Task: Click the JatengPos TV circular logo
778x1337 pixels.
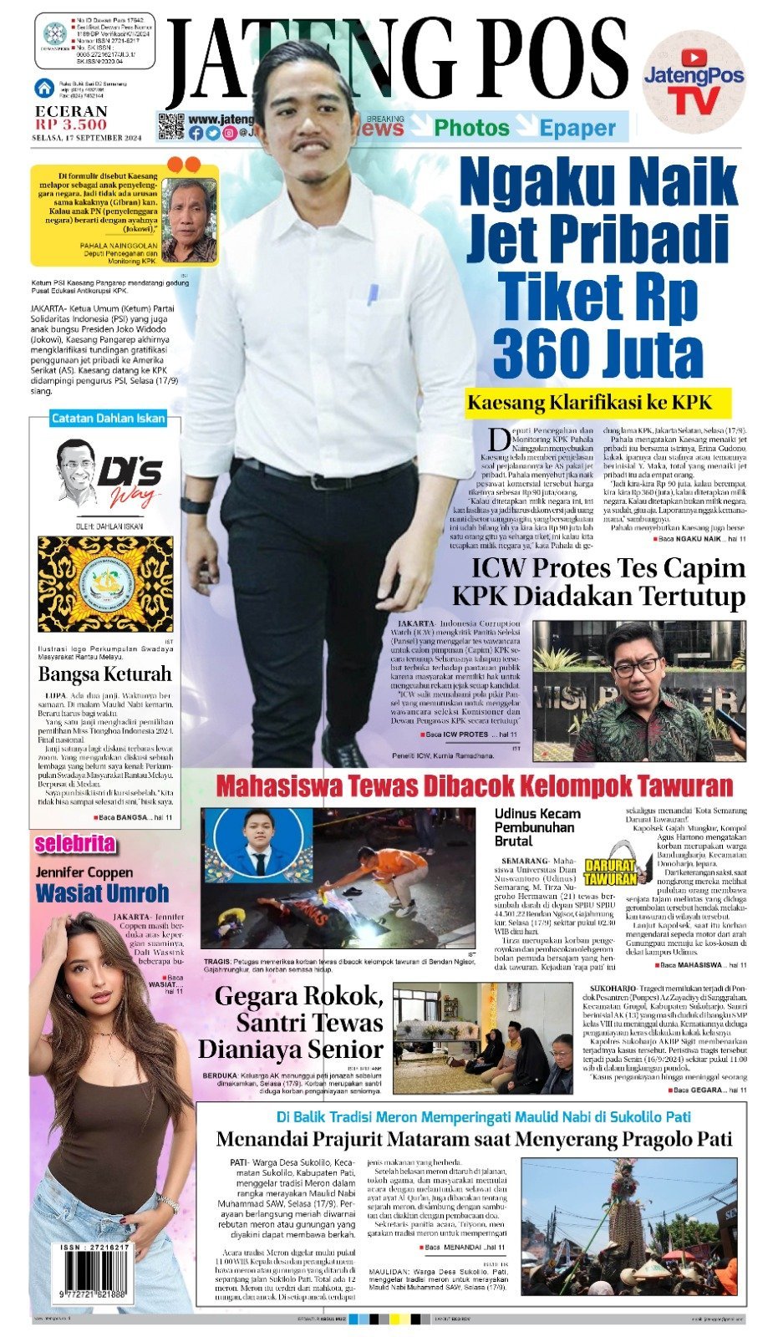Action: click(x=694, y=84)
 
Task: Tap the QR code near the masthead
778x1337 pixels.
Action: click(x=170, y=126)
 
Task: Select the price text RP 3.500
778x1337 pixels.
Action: click(x=71, y=125)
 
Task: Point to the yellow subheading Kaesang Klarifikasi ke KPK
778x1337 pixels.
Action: click(x=598, y=403)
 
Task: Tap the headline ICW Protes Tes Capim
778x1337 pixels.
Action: click(x=608, y=568)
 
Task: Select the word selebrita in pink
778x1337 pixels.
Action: click(x=74, y=844)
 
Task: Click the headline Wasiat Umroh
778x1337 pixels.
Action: click(x=102, y=893)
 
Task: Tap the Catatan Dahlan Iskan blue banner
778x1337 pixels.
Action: click(x=108, y=419)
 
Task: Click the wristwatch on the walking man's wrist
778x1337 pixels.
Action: click(x=196, y=506)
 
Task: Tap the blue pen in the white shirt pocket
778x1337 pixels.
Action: click(x=372, y=293)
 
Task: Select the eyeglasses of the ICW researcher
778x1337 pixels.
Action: click(x=636, y=667)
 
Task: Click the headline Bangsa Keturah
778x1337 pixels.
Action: click(x=104, y=674)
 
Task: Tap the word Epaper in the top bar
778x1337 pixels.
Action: click(x=577, y=128)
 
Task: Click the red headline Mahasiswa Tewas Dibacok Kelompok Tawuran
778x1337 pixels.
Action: click(x=474, y=786)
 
